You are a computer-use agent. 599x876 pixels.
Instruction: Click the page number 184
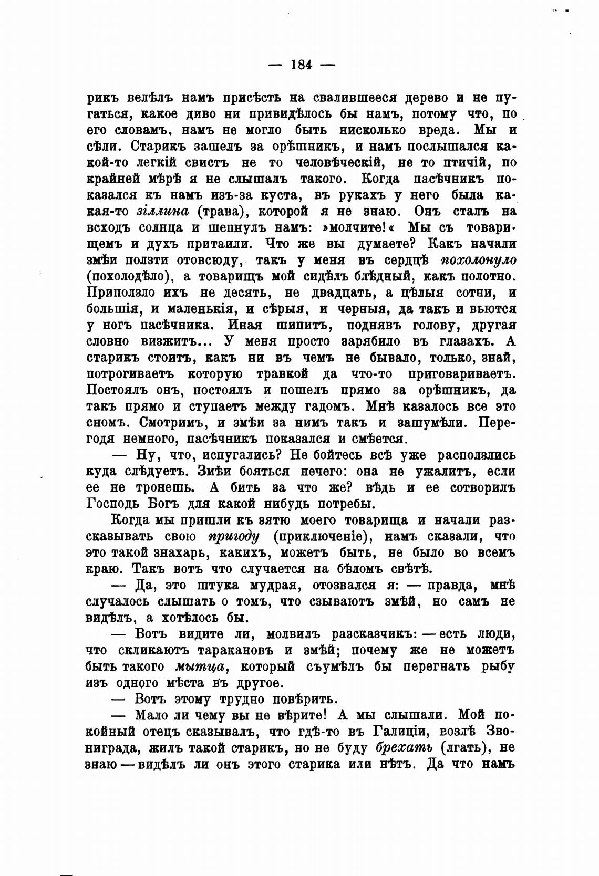click(x=301, y=65)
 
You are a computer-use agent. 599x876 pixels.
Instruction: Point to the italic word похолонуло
click(x=478, y=260)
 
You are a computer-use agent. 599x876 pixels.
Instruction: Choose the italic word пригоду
click(x=234, y=537)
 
